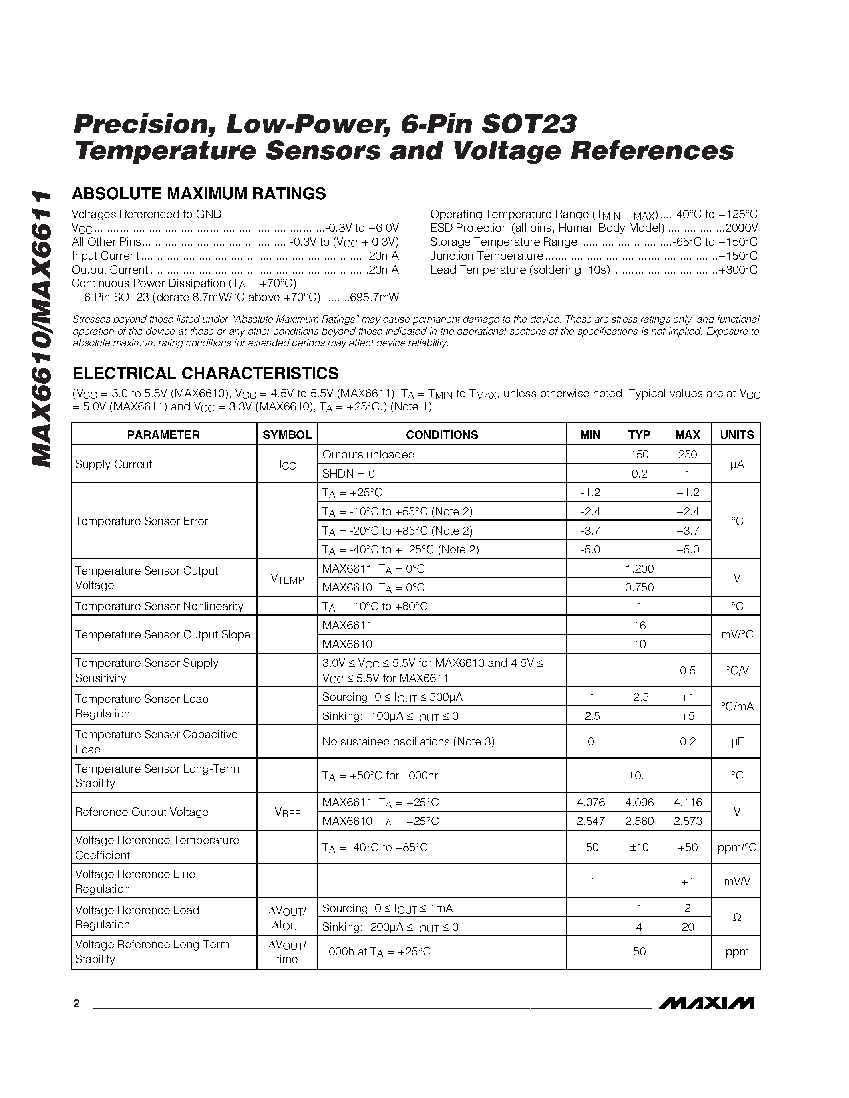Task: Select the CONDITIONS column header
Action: click(x=441, y=434)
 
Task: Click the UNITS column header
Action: click(x=736, y=434)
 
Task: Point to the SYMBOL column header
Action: click(x=287, y=434)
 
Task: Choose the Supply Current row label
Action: click(x=114, y=464)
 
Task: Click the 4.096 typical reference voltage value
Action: click(x=639, y=802)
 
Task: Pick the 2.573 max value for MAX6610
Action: click(x=688, y=821)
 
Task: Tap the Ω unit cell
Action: click(x=736, y=917)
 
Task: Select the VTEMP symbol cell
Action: click(x=287, y=579)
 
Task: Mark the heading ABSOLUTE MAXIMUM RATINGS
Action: click(x=199, y=194)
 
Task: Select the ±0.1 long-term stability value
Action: click(x=639, y=775)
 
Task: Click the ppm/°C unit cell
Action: click(x=736, y=848)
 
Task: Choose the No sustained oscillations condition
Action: click(x=408, y=741)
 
